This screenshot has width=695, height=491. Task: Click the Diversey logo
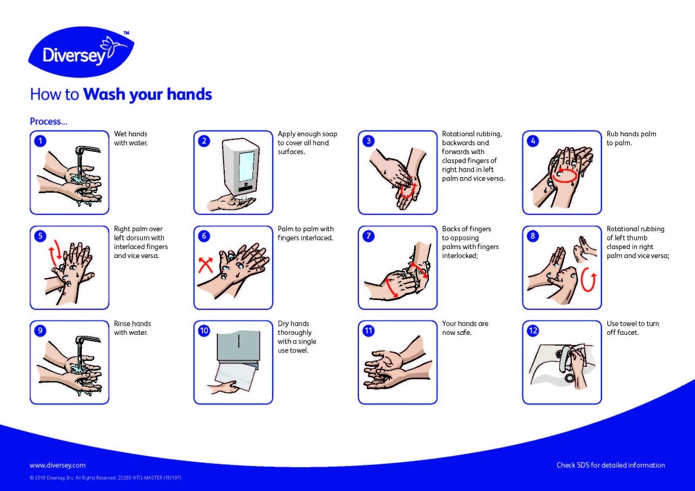(81, 53)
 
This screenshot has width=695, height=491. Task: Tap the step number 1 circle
(40, 141)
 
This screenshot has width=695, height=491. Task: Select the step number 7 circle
(368, 235)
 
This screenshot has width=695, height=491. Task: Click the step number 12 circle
(533, 330)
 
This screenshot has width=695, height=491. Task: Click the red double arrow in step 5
(54, 256)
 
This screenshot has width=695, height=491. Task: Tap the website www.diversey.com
(58, 465)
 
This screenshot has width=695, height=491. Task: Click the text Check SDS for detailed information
(610, 465)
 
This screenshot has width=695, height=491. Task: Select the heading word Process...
(48, 122)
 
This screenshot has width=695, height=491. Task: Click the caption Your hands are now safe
(465, 328)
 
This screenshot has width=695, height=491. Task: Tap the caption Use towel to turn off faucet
(632, 328)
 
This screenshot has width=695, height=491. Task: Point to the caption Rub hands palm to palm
(631, 138)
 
